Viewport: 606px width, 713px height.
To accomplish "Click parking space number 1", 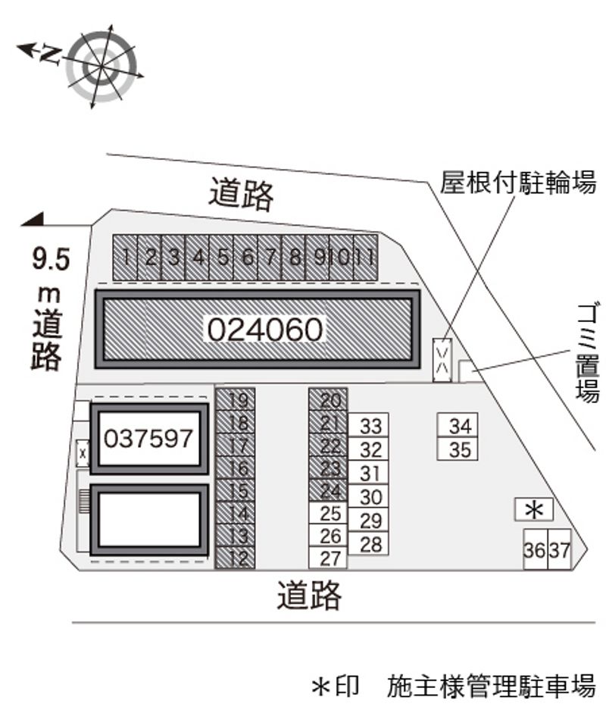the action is (x=125, y=258).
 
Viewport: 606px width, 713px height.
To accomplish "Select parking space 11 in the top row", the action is (x=365, y=258).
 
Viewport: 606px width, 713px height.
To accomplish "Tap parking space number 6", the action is (x=245, y=258).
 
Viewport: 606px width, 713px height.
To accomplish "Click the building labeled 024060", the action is (x=258, y=329).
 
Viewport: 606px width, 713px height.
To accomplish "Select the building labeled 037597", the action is (x=149, y=439).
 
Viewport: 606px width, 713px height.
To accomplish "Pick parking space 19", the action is (x=235, y=399).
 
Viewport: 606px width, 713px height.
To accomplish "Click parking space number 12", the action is (x=235, y=558).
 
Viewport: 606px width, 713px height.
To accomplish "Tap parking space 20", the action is (x=328, y=399).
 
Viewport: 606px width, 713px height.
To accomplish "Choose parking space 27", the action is (x=328, y=558).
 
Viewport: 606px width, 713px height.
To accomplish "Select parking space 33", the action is (x=368, y=426).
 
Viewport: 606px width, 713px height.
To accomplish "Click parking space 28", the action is (x=368, y=543).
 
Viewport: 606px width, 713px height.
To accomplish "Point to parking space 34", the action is (x=458, y=426).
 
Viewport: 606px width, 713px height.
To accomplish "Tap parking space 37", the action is (x=559, y=549).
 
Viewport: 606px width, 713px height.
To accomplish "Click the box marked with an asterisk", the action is (x=534, y=509).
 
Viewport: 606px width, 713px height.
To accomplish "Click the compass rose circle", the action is (x=101, y=66).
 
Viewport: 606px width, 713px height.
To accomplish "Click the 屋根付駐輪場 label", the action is (x=518, y=183).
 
